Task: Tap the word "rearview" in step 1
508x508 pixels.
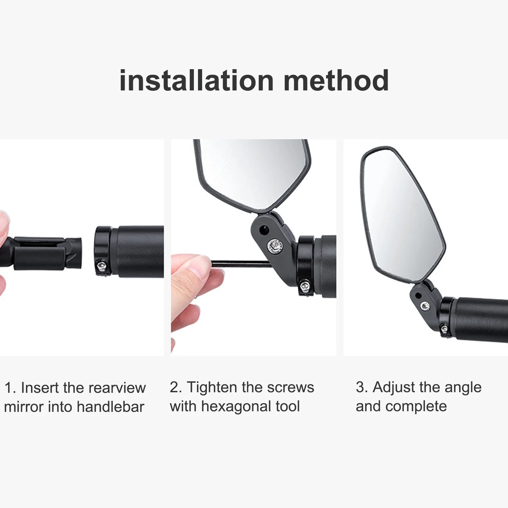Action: [117, 388]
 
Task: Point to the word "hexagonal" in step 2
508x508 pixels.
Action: [236, 406]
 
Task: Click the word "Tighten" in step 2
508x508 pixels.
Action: [212, 387]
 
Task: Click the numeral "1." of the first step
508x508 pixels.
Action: [10, 388]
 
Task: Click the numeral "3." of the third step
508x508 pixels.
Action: [362, 387]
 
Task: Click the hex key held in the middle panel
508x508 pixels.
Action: [239, 262]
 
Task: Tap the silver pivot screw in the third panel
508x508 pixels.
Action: [424, 306]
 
